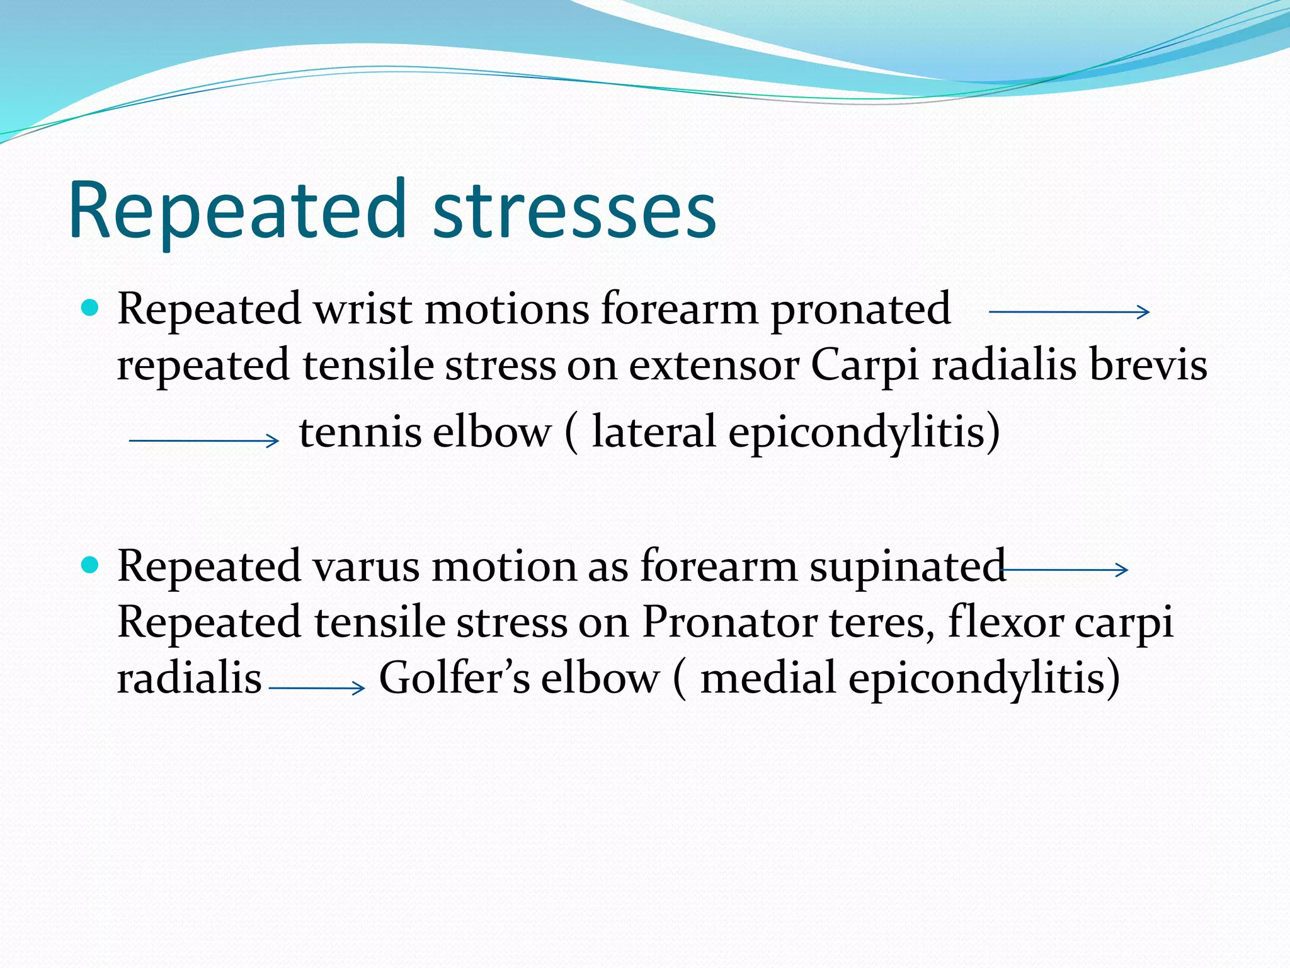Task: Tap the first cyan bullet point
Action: pos(91,308)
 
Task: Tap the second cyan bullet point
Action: pos(91,565)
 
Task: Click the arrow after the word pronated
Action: pos(1069,311)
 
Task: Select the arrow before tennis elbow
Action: pos(203,441)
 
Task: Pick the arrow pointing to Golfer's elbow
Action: pos(317,688)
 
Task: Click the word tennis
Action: pos(360,433)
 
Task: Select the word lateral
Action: pos(653,433)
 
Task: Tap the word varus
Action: pos(366,567)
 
